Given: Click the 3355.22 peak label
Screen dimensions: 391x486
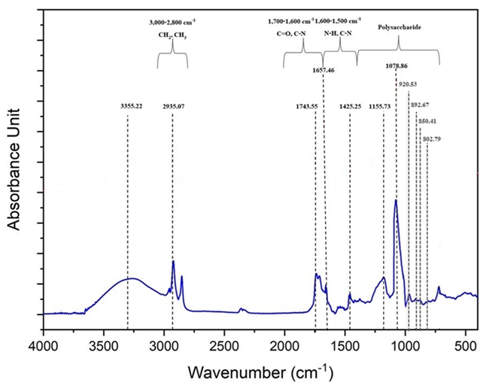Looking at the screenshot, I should pos(131,107).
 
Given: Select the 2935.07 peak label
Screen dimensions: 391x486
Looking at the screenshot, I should pos(174,107).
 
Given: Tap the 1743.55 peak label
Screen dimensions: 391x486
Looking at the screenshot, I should pos(306,107).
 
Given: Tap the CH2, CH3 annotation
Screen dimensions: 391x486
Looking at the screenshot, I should pos(173,35).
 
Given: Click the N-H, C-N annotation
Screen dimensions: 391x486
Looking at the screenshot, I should pos(339,35).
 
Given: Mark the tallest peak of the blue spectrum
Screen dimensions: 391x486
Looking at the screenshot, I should pos(396,200).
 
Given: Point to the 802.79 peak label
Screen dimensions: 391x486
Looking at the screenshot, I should pos(431,139).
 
